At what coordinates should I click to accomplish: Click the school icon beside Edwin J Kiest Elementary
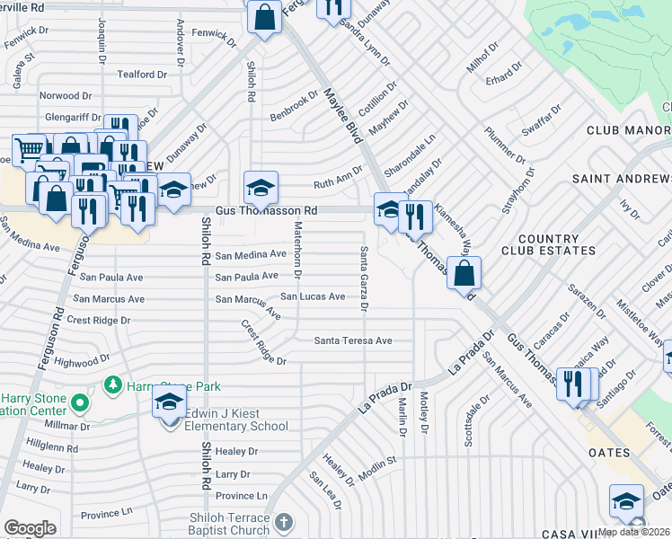pyautogui.click(x=168, y=404)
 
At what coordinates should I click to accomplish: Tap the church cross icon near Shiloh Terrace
pyautogui.click(x=284, y=522)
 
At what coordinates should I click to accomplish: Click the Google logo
pyautogui.click(x=30, y=527)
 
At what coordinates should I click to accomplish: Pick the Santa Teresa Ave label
pyautogui.click(x=353, y=340)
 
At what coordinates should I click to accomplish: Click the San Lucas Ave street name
pyautogui.click(x=313, y=296)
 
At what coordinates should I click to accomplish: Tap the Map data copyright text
pyautogui.click(x=633, y=532)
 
